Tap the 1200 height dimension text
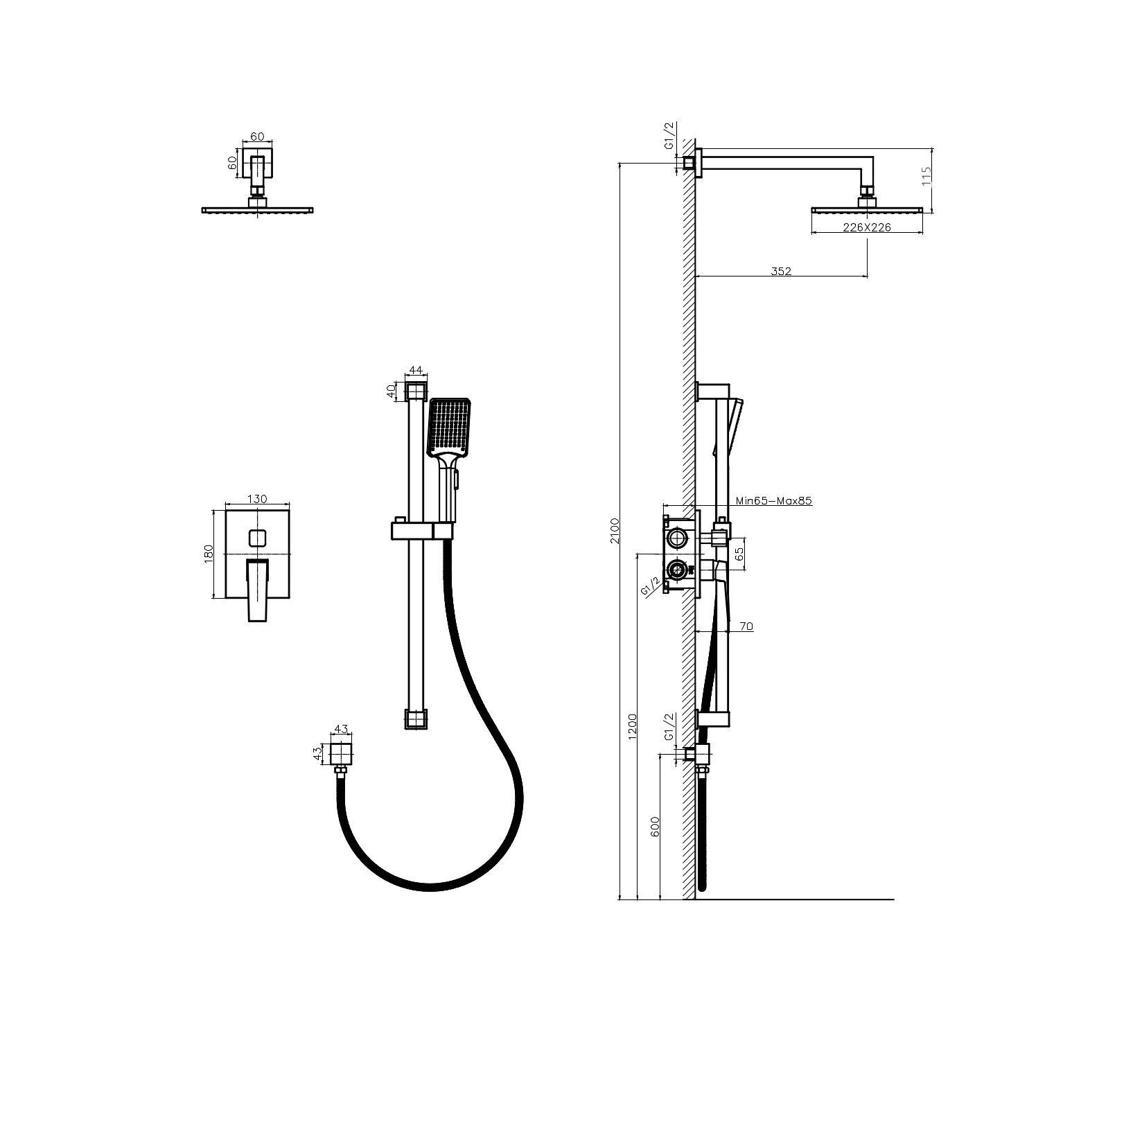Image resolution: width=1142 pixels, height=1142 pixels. (x=632, y=726)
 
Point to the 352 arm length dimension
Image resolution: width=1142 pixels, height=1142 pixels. (x=781, y=271)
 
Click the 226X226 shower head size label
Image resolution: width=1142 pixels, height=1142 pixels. (x=867, y=227)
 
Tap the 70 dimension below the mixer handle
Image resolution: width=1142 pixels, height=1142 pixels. (x=746, y=626)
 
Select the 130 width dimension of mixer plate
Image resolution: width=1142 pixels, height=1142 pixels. (x=256, y=499)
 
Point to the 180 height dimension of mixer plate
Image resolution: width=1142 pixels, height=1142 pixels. (x=209, y=553)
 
